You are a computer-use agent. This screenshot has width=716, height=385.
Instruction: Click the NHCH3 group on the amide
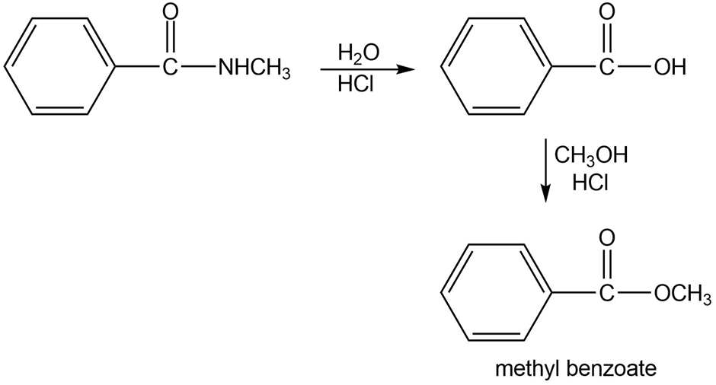(254, 68)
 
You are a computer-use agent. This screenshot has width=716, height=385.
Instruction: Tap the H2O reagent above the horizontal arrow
(359, 53)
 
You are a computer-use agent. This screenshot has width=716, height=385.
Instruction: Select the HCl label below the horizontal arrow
(356, 84)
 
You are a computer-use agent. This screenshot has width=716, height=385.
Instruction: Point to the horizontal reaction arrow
(367, 70)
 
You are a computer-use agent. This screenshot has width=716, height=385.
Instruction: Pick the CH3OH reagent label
(591, 156)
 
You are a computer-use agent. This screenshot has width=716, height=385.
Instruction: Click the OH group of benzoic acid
(670, 68)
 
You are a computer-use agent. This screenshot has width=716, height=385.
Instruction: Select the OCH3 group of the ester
(682, 294)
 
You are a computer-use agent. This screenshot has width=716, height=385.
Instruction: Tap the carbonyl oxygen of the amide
(171, 12)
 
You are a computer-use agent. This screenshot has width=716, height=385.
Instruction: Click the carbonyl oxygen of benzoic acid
(606, 12)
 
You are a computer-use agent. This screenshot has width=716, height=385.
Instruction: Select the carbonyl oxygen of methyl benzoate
(606, 238)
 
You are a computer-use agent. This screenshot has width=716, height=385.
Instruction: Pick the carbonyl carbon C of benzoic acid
(606, 68)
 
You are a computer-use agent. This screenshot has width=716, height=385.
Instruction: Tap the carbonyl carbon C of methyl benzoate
(606, 294)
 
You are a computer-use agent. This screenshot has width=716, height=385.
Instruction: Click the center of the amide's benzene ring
(59, 67)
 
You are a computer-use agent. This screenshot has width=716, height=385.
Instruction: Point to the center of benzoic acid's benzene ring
(497, 67)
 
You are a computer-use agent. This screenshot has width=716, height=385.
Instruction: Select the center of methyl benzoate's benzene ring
(497, 292)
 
